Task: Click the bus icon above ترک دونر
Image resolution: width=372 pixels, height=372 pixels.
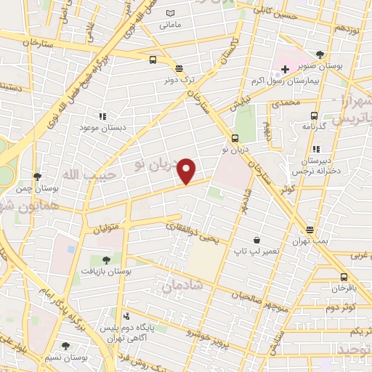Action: pos(153,60)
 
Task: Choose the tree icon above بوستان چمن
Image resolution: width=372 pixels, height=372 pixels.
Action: pos(37,177)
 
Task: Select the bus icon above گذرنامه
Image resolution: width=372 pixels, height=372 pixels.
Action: pos(315,116)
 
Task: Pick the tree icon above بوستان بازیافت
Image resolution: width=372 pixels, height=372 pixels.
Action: pos(107,259)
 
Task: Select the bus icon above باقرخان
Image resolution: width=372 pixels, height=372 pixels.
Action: pos(344,277)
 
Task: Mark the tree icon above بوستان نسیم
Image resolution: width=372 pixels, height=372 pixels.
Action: pos(66,347)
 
